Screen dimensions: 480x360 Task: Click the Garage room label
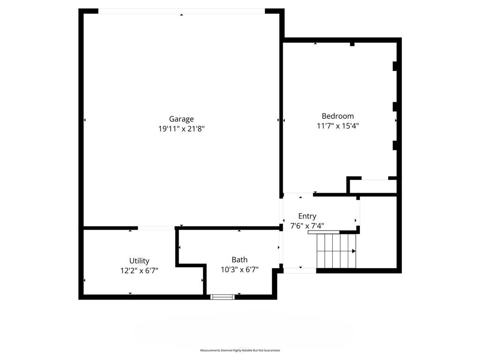[181, 119]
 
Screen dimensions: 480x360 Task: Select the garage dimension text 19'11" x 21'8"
[181, 128]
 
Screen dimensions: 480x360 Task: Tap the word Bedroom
[337, 116]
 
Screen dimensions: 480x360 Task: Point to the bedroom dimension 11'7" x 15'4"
[337, 126]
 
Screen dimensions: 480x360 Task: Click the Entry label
[307, 216]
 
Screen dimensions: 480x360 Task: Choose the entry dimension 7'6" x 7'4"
[307, 226]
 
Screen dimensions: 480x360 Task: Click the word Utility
[139, 261]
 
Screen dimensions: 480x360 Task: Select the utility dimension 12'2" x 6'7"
[139, 270]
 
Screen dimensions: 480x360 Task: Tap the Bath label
[240, 260]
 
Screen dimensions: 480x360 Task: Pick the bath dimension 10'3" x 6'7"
[240, 270]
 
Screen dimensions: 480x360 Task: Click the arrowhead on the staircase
[354, 251]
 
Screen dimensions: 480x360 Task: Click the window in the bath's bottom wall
[223, 297]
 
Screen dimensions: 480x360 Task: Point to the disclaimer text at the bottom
[240, 350]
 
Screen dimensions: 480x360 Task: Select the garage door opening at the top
[181, 11]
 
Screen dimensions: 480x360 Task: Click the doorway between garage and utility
[156, 228]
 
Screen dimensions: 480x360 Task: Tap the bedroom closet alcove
[373, 186]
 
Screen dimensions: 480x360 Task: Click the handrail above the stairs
[323, 232]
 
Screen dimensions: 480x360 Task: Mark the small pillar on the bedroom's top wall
[352, 45]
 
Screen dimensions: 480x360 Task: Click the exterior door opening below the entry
[300, 270]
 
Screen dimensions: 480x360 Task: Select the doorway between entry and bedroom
[298, 195]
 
